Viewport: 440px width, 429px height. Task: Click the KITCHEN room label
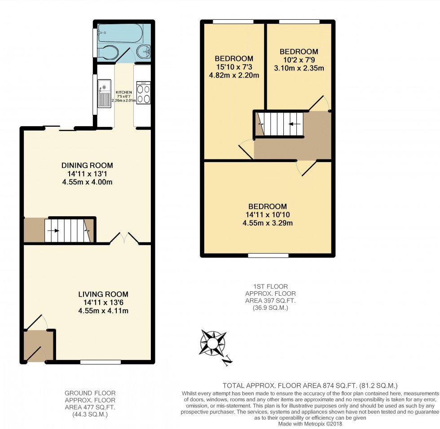(x=123, y=92)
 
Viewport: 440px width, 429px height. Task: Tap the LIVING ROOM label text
(x=103, y=294)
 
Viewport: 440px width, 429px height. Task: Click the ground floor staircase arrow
(x=57, y=231)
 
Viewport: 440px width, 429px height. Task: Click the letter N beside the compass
(x=228, y=359)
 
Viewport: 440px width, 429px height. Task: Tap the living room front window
(x=101, y=362)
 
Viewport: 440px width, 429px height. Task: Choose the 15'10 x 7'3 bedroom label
(x=233, y=59)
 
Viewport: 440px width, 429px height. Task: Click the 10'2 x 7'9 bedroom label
(x=299, y=52)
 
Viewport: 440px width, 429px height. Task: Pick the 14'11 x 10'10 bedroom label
(x=269, y=206)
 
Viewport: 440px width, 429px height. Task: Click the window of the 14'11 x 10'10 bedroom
(x=268, y=255)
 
